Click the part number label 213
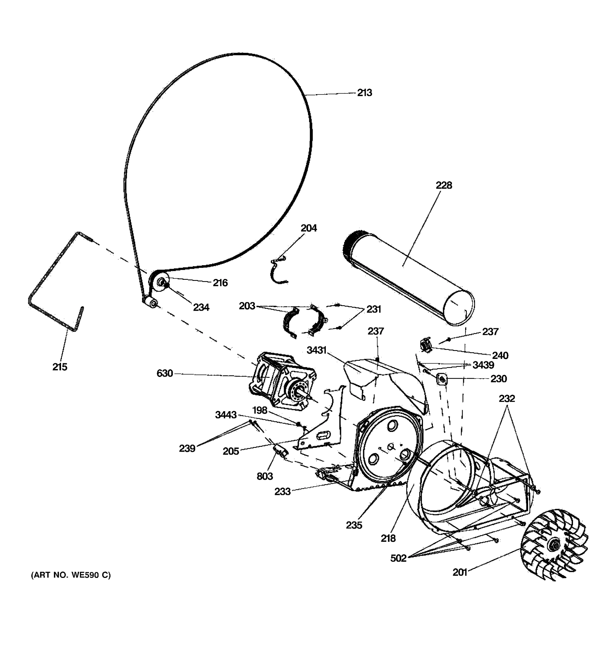(x=364, y=93)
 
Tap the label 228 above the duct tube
(x=444, y=185)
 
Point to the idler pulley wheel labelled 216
(x=159, y=282)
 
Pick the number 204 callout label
(x=308, y=228)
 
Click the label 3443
(x=226, y=415)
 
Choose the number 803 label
(x=265, y=476)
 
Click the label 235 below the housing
(x=354, y=525)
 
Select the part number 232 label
(x=506, y=399)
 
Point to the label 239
(x=187, y=448)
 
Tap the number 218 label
(x=388, y=538)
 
